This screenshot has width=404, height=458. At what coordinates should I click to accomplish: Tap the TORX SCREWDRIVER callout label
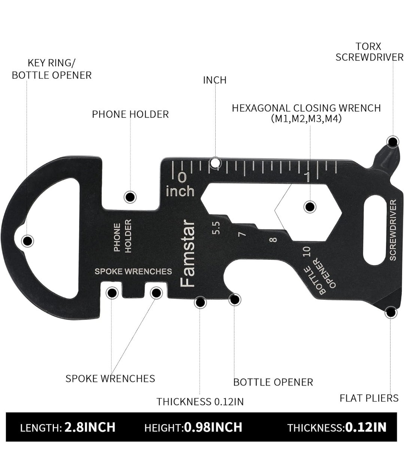pyautogui.click(x=369, y=52)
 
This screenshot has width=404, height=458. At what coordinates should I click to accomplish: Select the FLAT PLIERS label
pyautogui.click(x=369, y=398)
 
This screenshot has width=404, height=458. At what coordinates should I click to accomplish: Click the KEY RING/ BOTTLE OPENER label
pyautogui.click(x=52, y=69)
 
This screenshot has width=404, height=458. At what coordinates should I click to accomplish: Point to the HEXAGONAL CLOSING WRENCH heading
pyautogui.click(x=306, y=108)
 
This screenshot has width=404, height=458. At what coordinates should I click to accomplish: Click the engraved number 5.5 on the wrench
pyautogui.click(x=216, y=228)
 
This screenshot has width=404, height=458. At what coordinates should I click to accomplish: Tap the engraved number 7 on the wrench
pyautogui.click(x=242, y=234)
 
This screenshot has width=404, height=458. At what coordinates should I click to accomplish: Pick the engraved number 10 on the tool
pyautogui.click(x=306, y=251)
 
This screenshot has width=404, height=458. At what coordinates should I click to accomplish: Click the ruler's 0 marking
pyautogui.click(x=182, y=177)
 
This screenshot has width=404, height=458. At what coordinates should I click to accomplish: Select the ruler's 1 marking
pyautogui.click(x=307, y=177)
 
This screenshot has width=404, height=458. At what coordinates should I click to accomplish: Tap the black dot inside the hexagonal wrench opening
pyautogui.click(x=310, y=207)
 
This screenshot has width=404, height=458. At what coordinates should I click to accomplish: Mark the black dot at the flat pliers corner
pyautogui.click(x=391, y=313)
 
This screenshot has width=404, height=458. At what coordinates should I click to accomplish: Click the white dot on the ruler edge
pyautogui.click(x=215, y=162)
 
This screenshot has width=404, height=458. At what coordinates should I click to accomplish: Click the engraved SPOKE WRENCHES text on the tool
pyautogui.click(x=133, y=271)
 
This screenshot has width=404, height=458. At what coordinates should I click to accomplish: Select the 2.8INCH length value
pyautogui.click(x=90, y=427)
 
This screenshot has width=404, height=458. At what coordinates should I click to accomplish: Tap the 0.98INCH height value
pyautogui.click(x=213, y=427)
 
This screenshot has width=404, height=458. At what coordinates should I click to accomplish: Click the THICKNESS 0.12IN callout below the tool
pyautogui.click(x=200, y=402)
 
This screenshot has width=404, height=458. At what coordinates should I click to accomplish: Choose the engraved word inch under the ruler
pyautogui.click(x=180, y=191)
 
